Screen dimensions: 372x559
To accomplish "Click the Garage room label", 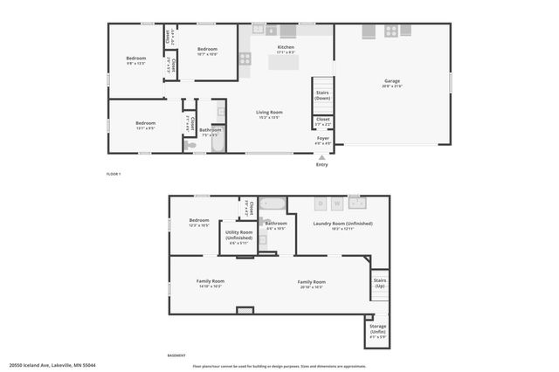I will pos(391,83).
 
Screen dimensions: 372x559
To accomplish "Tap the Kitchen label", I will pos(286,49).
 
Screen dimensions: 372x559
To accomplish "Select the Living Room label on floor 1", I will pos(269,114).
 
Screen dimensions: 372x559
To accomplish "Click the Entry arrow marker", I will pos(322,157).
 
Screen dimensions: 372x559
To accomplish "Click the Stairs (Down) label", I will pos(322,95).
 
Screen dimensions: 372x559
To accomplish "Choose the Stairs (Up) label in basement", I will pos(380,284).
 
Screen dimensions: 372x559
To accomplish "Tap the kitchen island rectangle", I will pos(283,63).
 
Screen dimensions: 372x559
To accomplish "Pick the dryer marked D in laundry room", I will pos(321,204).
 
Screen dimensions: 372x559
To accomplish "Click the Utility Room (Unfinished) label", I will pos(238,236).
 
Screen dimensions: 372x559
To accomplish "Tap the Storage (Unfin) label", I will pos(377,329).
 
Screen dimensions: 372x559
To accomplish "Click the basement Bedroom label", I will pos(199,222).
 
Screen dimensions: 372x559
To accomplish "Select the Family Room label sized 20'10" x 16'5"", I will pos(312,284).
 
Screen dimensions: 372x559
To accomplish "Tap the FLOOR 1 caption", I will pos(114,175).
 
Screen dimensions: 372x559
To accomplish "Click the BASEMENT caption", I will pos(176,355).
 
